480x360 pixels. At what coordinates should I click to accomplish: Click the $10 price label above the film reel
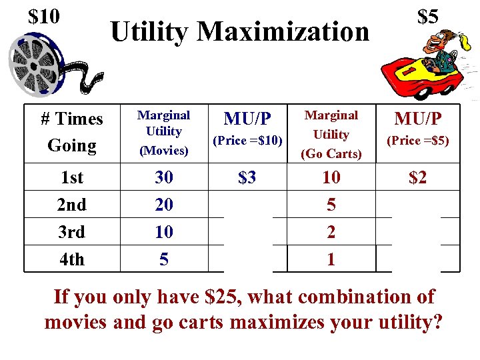tap(44, 16)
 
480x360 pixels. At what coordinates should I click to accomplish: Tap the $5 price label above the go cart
tap(427, 17)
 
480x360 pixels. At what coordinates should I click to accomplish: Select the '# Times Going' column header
tap(72, 132)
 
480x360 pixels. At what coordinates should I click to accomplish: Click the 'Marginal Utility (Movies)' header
tap(163, 132)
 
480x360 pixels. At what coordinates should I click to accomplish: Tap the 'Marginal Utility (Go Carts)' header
tap(331, 135)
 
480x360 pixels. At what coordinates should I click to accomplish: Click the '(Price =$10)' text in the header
tap(247, 141)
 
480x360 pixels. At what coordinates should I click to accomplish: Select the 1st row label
tap(72, 177)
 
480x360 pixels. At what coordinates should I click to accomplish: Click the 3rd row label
tap(72, 232)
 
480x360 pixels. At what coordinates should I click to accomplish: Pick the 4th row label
tap(72, 259)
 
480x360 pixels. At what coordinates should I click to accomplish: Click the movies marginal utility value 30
tap(163, 177)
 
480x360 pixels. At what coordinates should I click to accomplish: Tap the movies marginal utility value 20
tap(163, 205)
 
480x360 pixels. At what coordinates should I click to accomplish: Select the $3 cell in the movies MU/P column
tap(247, 177)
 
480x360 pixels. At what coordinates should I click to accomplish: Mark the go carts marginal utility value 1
tap(331, 259)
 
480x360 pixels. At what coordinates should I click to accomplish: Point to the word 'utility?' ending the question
tap(399, 322)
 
